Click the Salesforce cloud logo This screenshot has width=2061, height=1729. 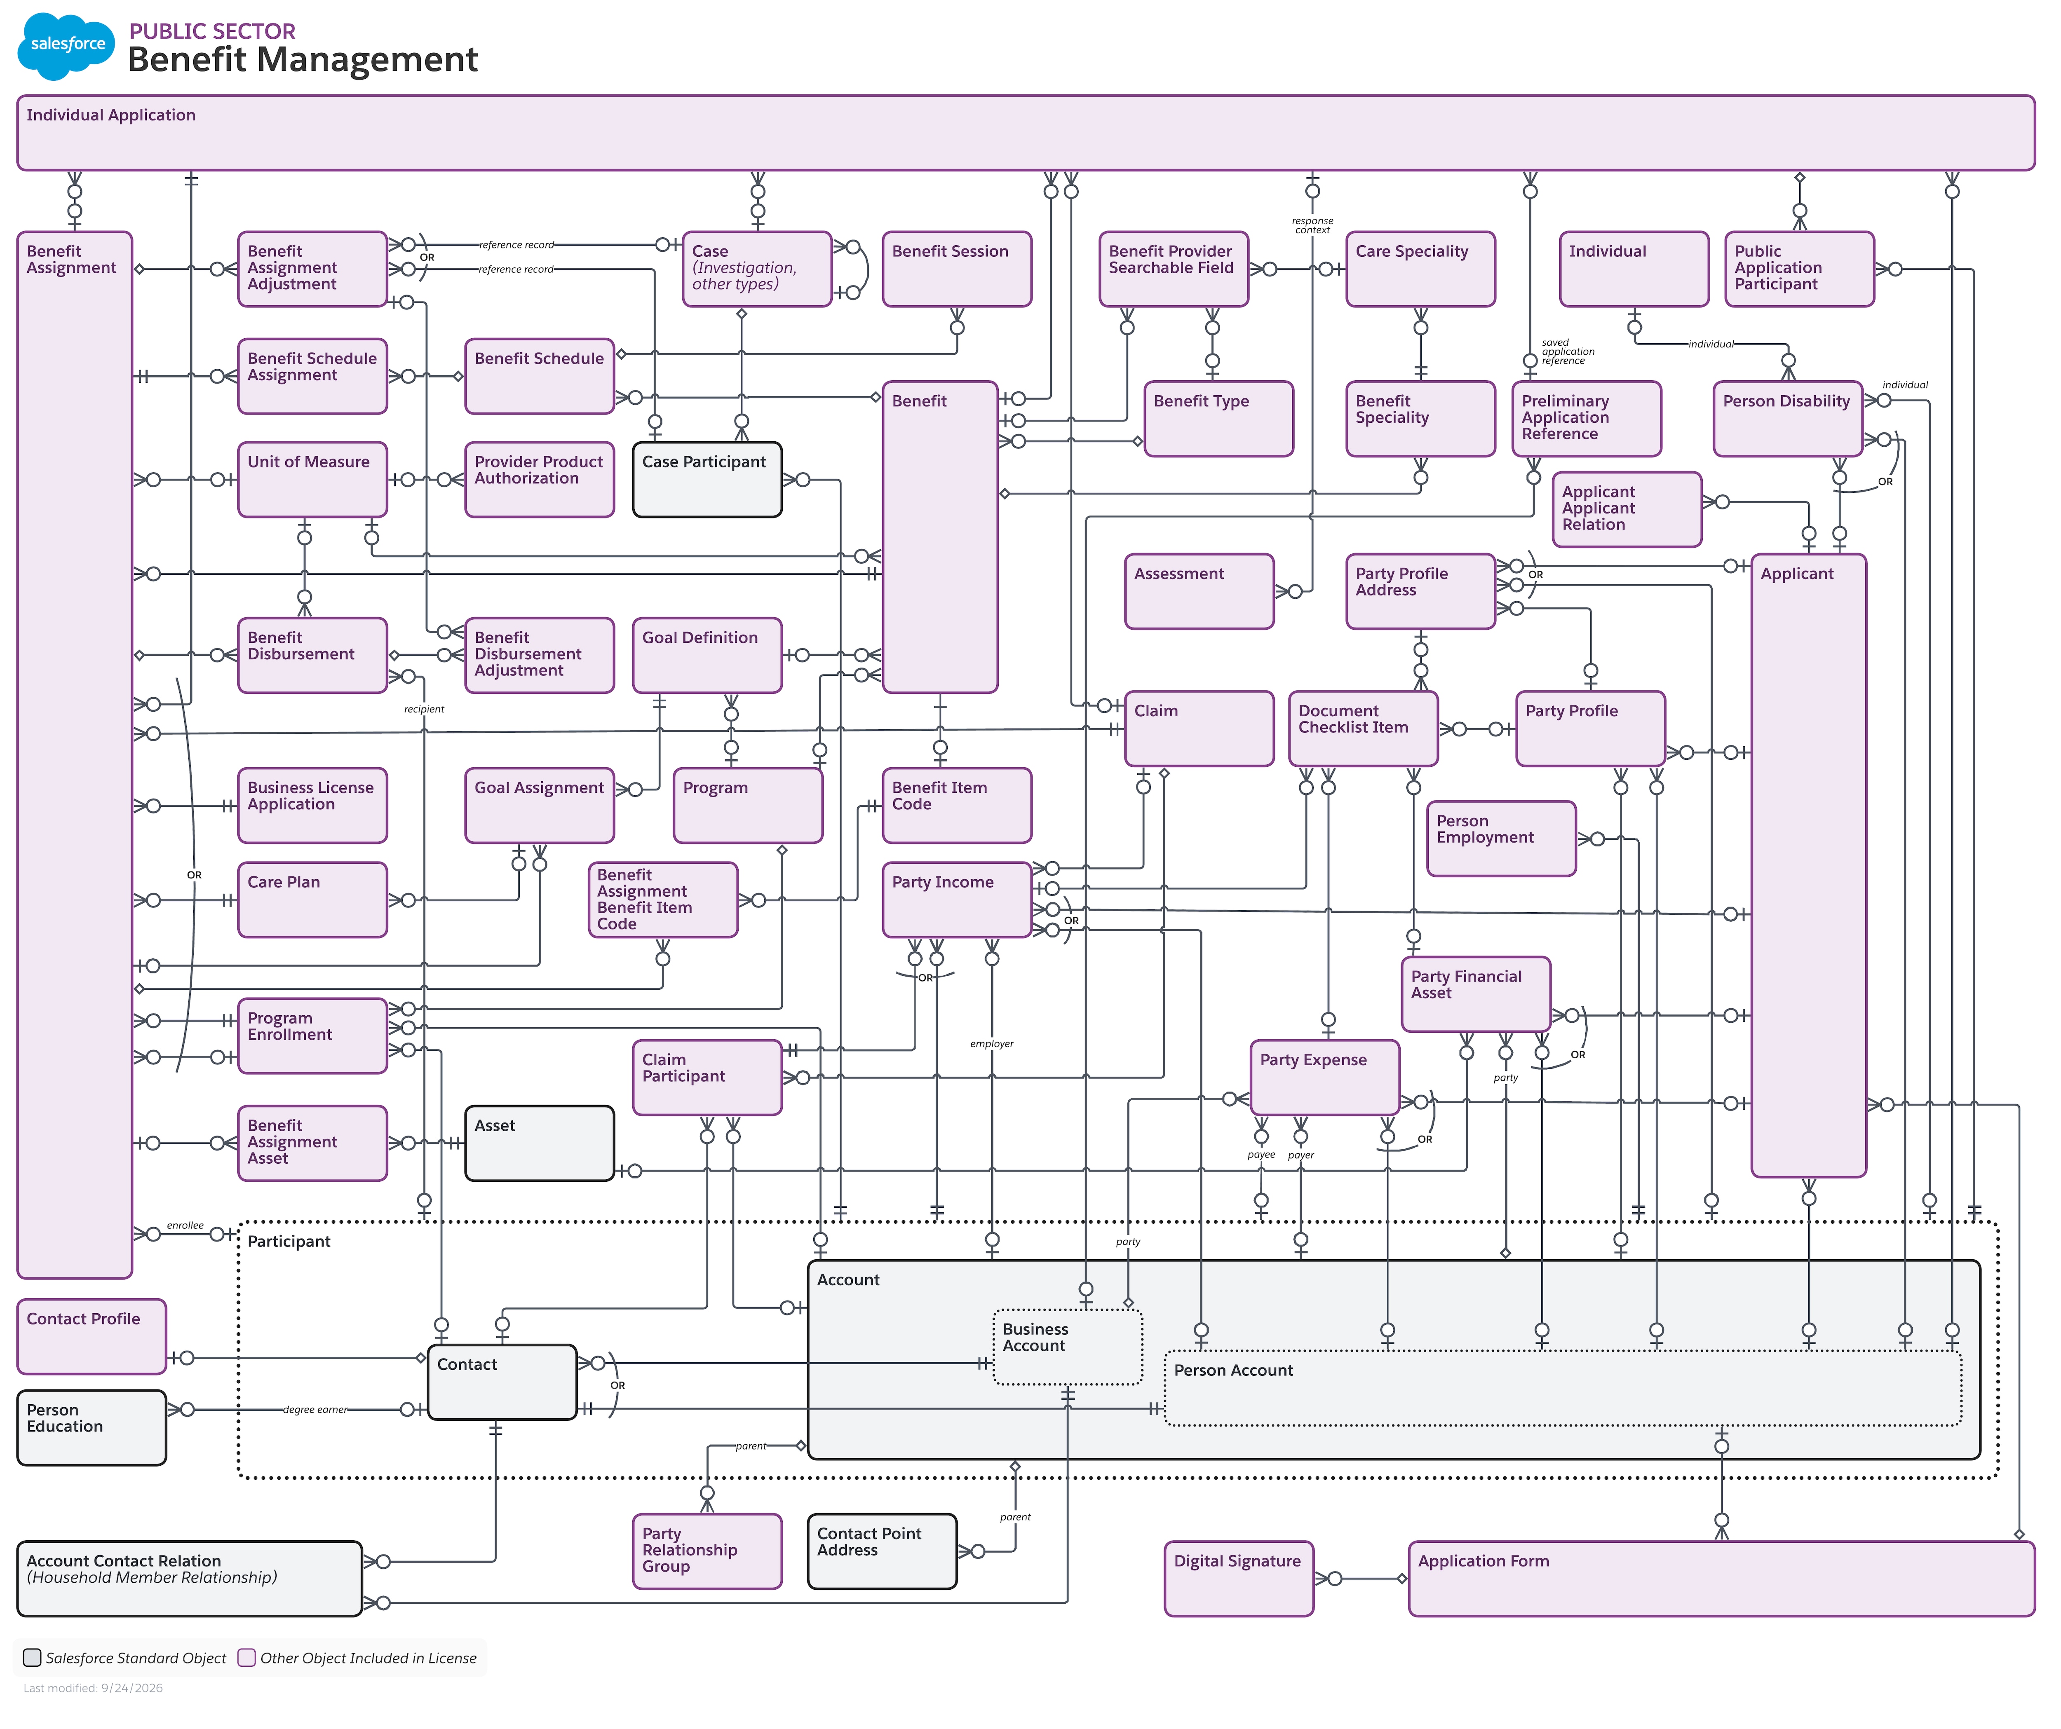(67, 45)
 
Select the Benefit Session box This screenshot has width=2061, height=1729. (957, 269)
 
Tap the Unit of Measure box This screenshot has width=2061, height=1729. (312, 479)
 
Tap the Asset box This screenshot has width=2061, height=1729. (540, 1143)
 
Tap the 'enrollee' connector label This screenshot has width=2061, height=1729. (185, 1225)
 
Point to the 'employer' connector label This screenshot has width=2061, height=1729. (992, 1044)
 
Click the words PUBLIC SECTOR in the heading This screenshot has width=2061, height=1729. (212, 31)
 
